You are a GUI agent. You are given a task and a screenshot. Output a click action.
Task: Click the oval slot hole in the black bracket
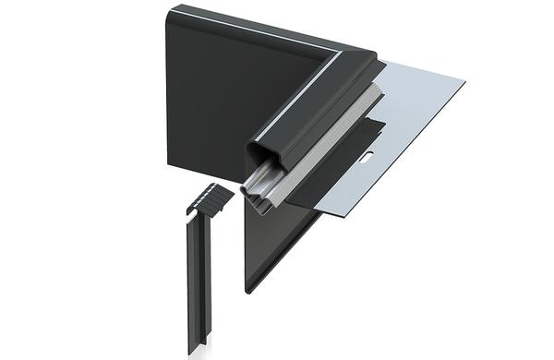point(367,158)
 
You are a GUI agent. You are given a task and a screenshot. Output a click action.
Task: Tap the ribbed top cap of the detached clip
point(211,196)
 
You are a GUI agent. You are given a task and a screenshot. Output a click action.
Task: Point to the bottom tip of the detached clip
point(193,349)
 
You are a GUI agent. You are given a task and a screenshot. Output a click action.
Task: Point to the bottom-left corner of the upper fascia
point(169,164)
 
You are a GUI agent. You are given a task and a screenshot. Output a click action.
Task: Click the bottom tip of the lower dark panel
point(247,290)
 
